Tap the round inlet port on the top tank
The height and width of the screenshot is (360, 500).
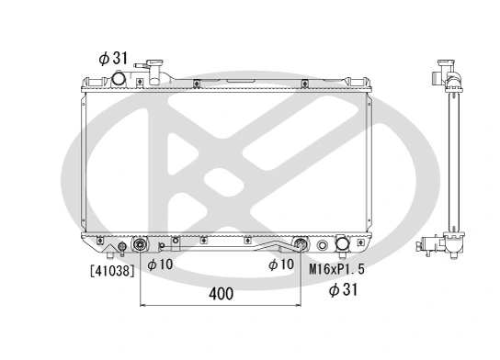click(119, 80)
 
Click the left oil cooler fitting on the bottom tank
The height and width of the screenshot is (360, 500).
click(140, 245)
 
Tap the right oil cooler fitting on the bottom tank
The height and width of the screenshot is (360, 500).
click(300, 245)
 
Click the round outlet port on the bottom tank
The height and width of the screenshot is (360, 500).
click(344, 245)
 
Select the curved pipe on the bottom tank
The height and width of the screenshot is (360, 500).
click(276, 246)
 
